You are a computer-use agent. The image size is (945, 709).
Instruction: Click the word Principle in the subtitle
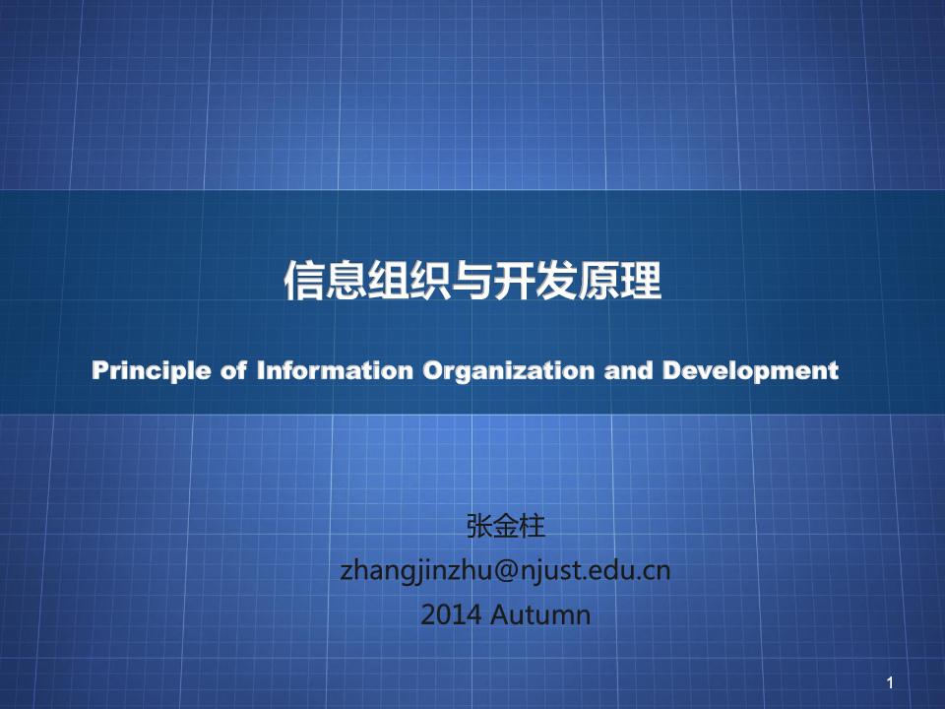coord(152,371)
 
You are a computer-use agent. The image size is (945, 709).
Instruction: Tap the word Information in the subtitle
coord(335,370)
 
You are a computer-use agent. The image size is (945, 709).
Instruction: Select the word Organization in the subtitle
coord(509,371)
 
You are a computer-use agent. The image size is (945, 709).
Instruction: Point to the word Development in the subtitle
coord(750,371)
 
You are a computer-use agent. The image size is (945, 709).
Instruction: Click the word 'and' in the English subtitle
coord(629,370)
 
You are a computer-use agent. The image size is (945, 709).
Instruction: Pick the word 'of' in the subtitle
coord(234,370)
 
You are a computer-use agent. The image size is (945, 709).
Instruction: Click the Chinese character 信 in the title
coord(304,281)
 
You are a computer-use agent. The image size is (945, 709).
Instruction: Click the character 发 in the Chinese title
coord(557,281)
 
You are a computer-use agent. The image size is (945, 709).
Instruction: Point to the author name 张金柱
coord(506,526)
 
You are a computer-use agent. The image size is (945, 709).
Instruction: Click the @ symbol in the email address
coord(506,570)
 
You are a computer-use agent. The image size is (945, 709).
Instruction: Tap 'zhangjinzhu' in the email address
coord(416,571)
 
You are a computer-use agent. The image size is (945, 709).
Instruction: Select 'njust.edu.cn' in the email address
coord(595,570)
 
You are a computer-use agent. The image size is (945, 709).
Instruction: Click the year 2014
coord(451,614)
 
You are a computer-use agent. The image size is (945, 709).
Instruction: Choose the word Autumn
coord(540,614)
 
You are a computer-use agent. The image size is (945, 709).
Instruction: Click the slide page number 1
coord(890,683)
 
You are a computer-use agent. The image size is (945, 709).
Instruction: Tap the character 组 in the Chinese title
coord(389,281)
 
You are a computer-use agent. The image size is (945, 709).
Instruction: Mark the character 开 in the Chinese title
coord(515,281)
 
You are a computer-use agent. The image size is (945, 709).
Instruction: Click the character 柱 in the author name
coord(533,526)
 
